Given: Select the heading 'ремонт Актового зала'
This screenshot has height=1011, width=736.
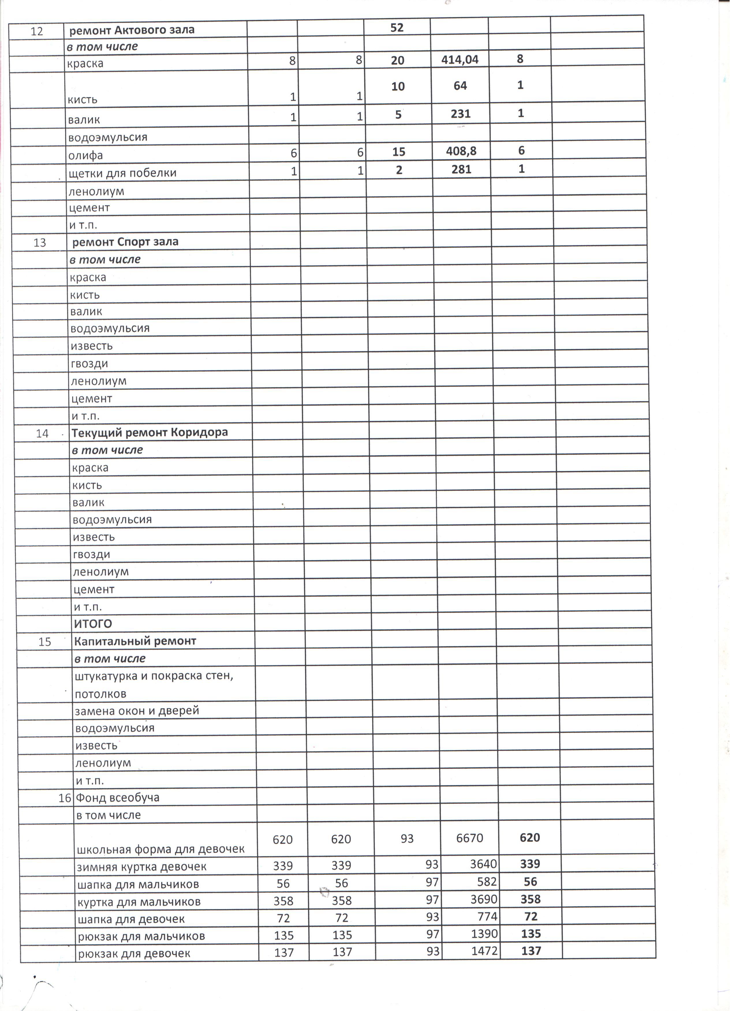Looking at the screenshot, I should pyautogui.click(x=132, y=30).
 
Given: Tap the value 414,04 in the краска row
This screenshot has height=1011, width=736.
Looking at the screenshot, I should pyautogui.click(x=460, y=59).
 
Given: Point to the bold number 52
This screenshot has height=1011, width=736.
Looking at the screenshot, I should pyautogui.click(x=397, y=28).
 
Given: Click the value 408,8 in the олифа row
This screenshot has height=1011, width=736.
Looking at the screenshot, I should pyautogui.click(x=461, y=152).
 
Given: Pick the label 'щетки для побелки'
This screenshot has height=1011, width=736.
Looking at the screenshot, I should pyautogui.click(x=123, y=173).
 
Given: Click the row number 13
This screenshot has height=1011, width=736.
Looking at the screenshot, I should pyautogui.click(x=40, y=243).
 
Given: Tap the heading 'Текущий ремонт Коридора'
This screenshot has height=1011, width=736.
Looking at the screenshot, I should pyautogui.click(x=150, y=433).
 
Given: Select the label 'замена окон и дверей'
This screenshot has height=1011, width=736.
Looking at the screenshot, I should pyautogui.click(x=137, y=711).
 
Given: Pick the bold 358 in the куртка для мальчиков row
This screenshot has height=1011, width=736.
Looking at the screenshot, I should pyautogui.click(x=530, y=899).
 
